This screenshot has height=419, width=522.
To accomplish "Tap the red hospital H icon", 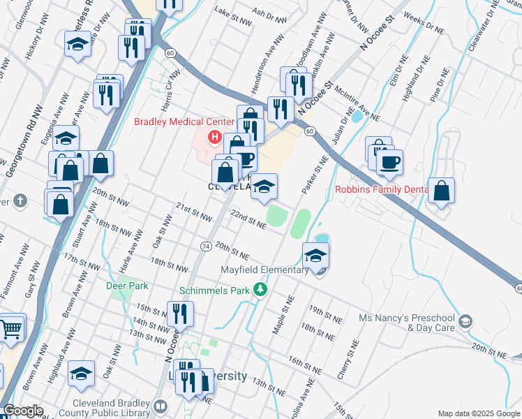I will (x=215, y=137).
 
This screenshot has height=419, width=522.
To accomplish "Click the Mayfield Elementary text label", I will (x=264, y=270).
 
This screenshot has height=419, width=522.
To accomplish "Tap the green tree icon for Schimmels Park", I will (x=260, y=288).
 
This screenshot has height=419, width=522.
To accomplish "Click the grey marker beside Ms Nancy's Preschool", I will (x=465, y=321).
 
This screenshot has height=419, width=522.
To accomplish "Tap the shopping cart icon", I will (x=12, y=328).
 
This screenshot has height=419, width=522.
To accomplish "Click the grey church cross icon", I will (x=20, y=201).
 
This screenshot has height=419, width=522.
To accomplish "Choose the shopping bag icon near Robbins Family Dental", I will (x=441, y=191).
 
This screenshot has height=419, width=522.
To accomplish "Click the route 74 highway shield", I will (x=206, y=247).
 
